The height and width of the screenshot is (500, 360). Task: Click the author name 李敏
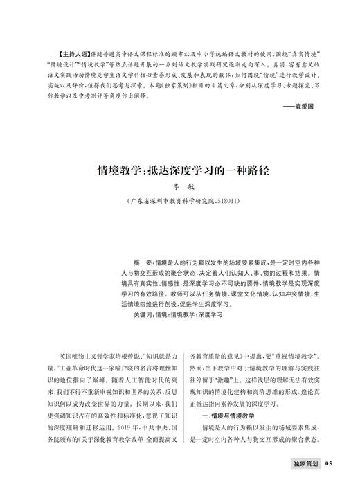179,186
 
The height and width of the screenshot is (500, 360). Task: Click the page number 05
329,482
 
